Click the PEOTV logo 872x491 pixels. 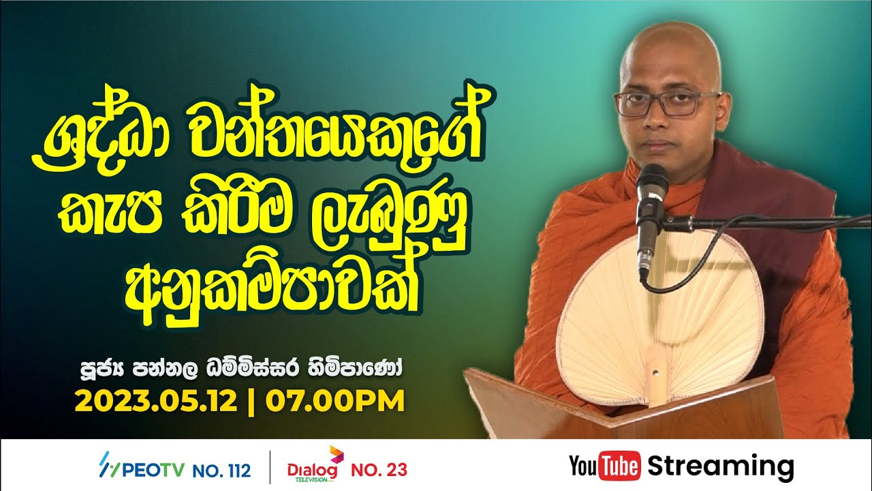pos(140,469)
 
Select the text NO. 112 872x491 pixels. pos(221,470)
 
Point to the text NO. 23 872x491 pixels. pos(379,470)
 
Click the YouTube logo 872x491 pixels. pos(604,467)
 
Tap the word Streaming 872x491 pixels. pos(721,467)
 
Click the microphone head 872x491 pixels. pos(651,181)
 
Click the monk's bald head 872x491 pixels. pos(671,48)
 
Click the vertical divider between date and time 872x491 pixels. pos(251,400)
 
